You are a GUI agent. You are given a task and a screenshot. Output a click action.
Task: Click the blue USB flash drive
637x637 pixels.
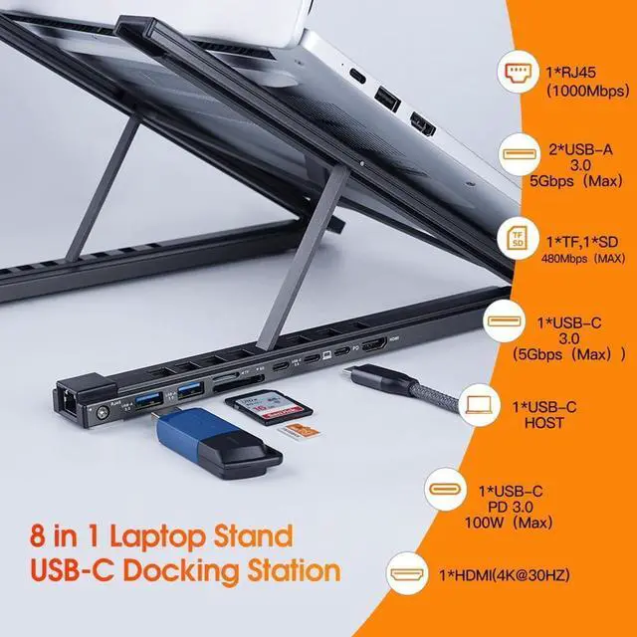click(x=215, y=441)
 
